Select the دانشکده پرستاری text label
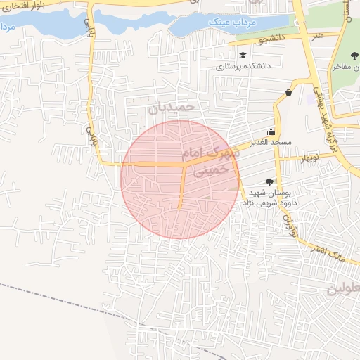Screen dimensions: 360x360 click(243, 65)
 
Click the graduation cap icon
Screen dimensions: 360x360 click(243, 55)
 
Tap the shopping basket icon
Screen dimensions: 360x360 click(289, 92)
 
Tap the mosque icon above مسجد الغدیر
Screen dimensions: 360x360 click(271, 131)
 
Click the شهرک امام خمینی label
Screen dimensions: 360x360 click(210, 161)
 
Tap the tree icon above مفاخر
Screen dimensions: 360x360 click(354, 56)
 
